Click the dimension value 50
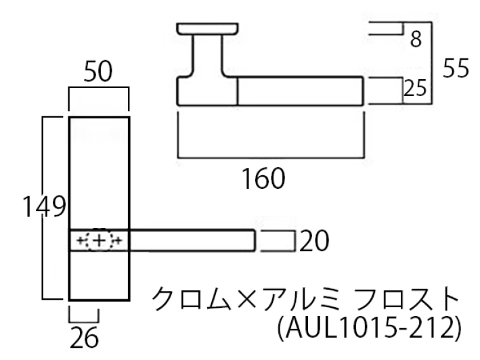click(x=98, y=72)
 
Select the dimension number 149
click(x=45, y=207)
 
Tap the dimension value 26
click(x=84, y=338)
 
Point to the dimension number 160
click(x=263, y=179)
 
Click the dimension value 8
click(x=416, y=39)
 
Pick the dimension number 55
click(x=456, y=68)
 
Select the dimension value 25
click(x=415, y=89)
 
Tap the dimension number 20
click(x=314, y=242)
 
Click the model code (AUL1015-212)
click(x=370, y=328)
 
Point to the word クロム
click(x=191, y=299)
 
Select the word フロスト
click(x=407, y=299)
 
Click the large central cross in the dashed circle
click(x=99, y=241)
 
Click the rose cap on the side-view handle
click(x=208, y=28)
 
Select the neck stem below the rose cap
click(x=208, y=55)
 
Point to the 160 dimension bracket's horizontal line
click(x=271, y=158)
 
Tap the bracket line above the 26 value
click(x=83, y=322)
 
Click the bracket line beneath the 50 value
click(x=99, y=88)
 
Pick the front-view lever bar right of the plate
click(x=192, y=240)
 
